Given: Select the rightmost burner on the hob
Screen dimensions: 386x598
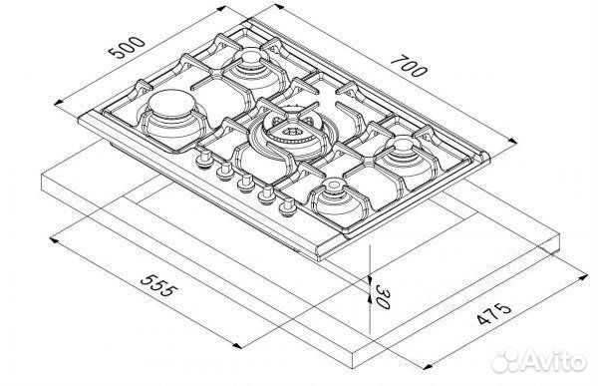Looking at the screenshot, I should pos(404,153).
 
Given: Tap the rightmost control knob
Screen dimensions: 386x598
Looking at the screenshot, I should pos(288,207).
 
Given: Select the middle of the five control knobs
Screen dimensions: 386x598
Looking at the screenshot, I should pos(242,184).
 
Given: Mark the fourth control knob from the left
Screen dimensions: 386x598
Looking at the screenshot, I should pos(265,195).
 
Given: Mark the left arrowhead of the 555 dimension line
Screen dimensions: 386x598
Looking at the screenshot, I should pos(51,237).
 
